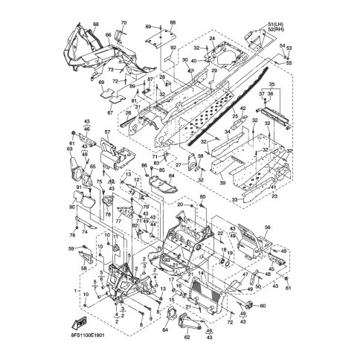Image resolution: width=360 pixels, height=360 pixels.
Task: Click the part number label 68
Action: click(96, 25)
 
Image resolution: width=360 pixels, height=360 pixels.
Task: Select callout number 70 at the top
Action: click(123, 23)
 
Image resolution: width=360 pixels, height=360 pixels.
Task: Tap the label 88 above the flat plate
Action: click(173, 23)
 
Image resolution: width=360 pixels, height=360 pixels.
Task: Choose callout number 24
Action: click(212, 38)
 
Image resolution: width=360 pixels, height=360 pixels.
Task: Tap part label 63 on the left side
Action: click(70, 150)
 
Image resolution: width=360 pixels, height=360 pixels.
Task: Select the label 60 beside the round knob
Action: click(263, 306)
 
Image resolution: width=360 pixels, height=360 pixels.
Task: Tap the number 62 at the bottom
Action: click(187, 335)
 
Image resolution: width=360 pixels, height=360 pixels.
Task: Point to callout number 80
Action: click(202, 196)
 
